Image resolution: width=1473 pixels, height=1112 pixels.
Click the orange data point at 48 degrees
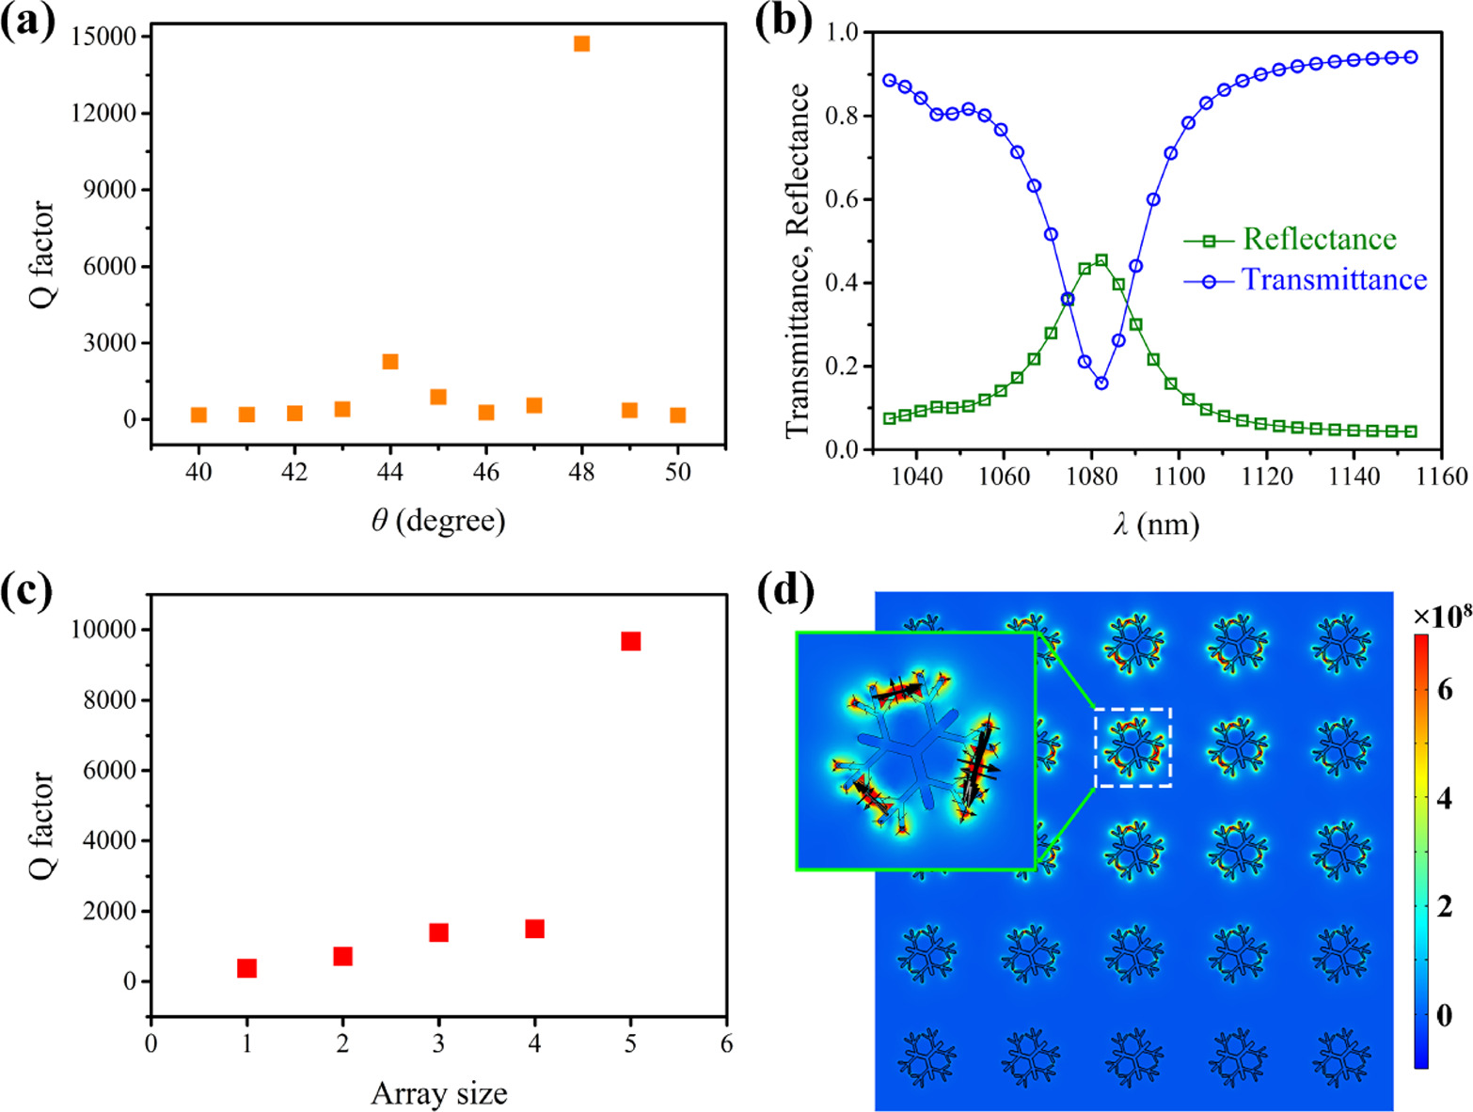pyautogui.click(x=581, y=43)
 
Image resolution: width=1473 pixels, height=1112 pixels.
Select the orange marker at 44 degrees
pyautogui.click(x=390, y=362)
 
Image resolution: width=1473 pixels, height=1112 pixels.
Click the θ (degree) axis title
pyautogui.click(x=438, y=520)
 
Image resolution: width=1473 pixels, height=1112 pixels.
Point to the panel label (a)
pyautogui.click(x=28, y=21)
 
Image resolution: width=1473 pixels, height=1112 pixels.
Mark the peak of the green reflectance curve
pyautogui.click(x=1101, y=260)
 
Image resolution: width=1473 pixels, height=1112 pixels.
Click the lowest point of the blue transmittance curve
pyautogui.click(x=1101, y=384)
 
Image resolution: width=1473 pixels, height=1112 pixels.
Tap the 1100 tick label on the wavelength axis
pyautogui.click(x=1180, y=477)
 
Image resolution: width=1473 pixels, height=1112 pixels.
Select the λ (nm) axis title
pyautogui.click(x=1156, y=524)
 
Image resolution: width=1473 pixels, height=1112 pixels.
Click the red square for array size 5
pyautogui.click(x=630, y=641)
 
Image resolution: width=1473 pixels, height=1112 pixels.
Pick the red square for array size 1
pyautogui.click(x=246, y=968)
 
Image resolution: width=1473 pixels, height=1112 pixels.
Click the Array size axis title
pyautogui.click(x=438, y=1094)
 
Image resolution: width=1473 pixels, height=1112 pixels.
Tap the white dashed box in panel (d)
pyautogui.click(x=1133, y=747)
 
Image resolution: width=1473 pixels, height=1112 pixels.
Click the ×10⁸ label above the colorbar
pyautogui.click(x=1441, y=616)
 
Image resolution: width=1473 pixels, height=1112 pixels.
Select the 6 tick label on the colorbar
pyautogui.click(x=1445, y=690)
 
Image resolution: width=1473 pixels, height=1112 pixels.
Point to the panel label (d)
pyautogui.click(x=784, y=591)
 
